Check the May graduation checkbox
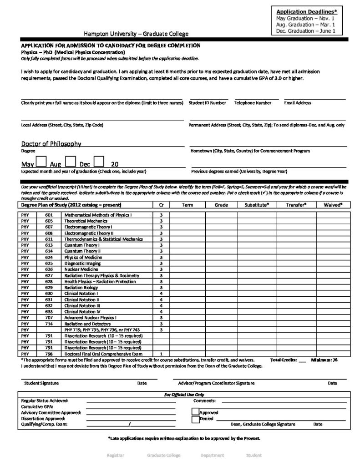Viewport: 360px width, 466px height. tap(41, 162)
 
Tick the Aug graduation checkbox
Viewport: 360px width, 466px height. tap(70, 162)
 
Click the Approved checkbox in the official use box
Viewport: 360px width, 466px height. tap(195, 412)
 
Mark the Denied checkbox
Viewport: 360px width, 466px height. tap(195, 419)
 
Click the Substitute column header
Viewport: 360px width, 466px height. tap(257, 205)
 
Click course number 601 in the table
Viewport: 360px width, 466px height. tap(49, 214)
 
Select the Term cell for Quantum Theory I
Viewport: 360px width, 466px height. tap(187, 244)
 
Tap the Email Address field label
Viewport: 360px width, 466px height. tap(297, 103)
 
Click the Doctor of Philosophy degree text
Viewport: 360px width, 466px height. tap(51, 144)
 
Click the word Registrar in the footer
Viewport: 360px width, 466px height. tap(115, 455)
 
